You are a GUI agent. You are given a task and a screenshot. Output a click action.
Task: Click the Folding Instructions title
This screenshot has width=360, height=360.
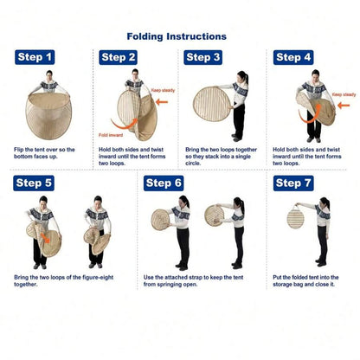pos(177,36)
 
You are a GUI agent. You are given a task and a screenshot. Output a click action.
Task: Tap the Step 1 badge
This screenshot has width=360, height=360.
pos(35,57)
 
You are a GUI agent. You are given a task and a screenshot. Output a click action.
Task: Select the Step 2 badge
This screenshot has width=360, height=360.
pos(118,57)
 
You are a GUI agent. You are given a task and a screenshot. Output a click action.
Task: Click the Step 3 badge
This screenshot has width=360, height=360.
pos(202,57)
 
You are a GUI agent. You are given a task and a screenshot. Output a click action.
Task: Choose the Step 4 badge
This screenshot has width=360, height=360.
pos(293,57)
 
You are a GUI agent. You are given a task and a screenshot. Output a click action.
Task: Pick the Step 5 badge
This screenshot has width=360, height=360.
pos(34,183)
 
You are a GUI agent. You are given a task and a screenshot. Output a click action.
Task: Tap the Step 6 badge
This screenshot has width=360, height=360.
pos(164,183)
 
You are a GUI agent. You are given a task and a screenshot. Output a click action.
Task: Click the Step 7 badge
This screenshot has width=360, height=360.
pos(293,183)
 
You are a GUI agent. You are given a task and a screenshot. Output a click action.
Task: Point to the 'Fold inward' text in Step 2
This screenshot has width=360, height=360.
pos(111,135)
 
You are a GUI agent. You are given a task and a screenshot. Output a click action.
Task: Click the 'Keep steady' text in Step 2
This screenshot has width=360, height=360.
pos(163,90)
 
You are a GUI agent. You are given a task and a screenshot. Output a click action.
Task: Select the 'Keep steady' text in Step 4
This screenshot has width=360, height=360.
pos(344,94)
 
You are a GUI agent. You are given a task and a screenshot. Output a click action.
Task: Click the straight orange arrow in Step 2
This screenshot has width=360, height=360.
pos(162,101)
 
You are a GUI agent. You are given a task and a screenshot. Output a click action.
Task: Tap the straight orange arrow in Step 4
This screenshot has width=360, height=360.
pos(344,106)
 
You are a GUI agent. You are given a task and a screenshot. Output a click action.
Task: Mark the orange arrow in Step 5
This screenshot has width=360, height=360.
pos(45,238)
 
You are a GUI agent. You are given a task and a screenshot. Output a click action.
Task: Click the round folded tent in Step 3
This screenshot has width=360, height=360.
pos(212,104)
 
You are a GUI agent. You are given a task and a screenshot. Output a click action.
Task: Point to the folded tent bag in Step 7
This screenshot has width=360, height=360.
pos(295,217)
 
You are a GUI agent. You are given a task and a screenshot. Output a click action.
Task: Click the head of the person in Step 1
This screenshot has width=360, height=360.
pos(49,75)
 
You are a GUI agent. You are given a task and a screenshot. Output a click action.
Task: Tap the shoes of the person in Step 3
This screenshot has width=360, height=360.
pos(237,138)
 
